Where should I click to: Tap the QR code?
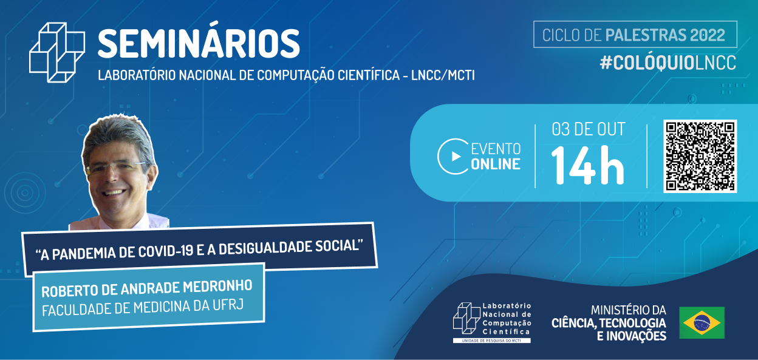700,156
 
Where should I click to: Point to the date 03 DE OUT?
588,129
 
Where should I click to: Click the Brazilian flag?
702,322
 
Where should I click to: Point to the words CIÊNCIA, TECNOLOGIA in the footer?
609,322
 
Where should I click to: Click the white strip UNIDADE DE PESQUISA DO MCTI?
491,341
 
